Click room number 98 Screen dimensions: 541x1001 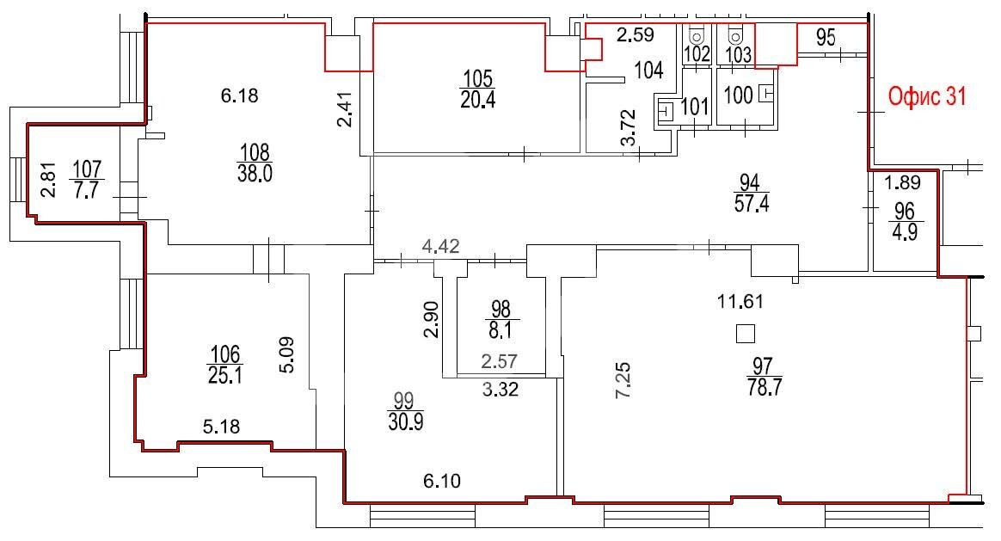point(501,308)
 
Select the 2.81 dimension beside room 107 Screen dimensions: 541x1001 point(48,180)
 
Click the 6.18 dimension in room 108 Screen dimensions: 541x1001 point(240,95)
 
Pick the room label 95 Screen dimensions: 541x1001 point(826,37)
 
